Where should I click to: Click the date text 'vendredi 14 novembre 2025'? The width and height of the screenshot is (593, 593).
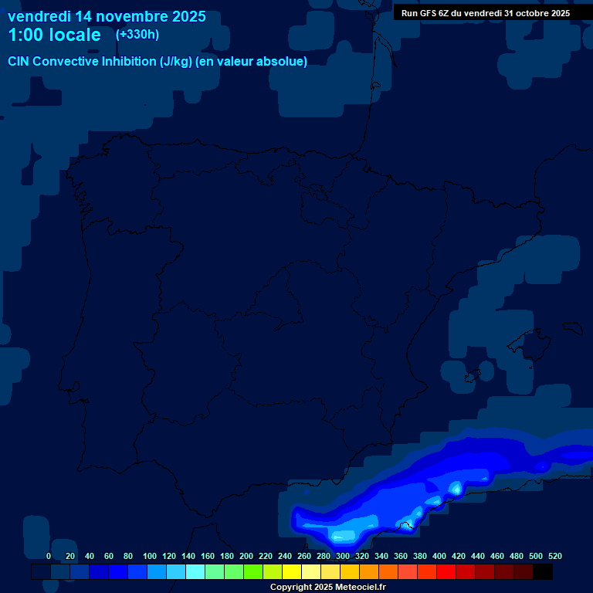107,16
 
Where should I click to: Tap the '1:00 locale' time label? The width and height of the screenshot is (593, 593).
54,36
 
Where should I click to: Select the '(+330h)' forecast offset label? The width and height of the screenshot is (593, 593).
137,35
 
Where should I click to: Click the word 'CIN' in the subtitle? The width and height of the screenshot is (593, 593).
19,62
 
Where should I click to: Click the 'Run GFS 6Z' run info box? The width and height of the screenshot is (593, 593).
485,13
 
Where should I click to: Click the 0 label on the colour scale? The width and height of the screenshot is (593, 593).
49,556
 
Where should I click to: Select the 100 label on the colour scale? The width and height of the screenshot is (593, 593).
149,556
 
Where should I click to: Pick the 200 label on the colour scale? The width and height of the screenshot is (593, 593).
246,556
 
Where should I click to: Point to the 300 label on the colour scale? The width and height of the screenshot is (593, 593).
343,556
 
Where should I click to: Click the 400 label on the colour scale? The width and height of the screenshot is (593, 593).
439,556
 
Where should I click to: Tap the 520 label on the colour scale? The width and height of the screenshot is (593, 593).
554,556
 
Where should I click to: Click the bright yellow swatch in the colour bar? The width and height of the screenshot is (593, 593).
292,572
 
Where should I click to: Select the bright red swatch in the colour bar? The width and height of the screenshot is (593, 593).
446,572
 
